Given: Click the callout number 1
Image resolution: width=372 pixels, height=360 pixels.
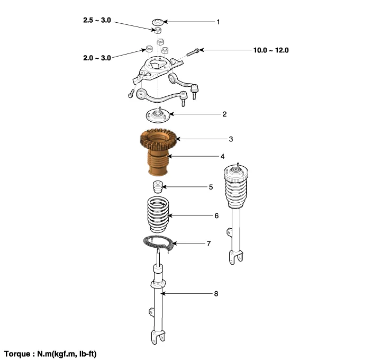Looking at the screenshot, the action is tap(218, 22).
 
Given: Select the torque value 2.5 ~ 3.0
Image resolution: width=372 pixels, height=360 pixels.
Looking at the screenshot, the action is tap(97, 20).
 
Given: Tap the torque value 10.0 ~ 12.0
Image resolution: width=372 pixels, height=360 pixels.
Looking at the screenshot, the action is tap(271, 50).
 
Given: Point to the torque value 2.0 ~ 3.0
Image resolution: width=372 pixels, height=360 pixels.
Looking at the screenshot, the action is tap(97, 58).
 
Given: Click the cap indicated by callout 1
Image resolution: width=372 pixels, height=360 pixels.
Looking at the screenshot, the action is tap(158, 22).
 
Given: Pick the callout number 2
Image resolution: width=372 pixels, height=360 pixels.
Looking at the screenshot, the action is tap(224, 114).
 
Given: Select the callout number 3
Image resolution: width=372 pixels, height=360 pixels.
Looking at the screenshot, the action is tap(231, 139).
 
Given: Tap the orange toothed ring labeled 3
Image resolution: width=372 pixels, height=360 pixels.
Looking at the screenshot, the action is tap(158, 140).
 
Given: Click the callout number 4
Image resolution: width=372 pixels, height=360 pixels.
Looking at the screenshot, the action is tap(222, 156).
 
